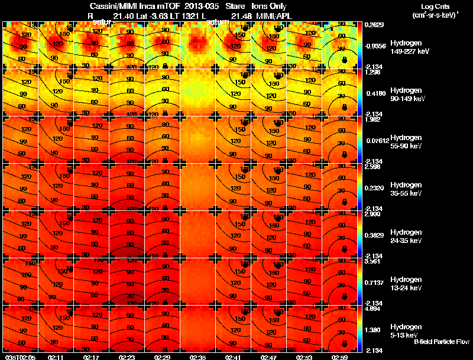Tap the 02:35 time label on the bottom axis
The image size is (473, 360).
coord(198,357)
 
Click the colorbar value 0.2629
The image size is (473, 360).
coord(375,25)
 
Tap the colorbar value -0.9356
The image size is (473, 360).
coord(376,45)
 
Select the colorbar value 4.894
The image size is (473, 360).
coord(374,309)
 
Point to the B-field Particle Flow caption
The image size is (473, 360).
coord(441,342)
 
